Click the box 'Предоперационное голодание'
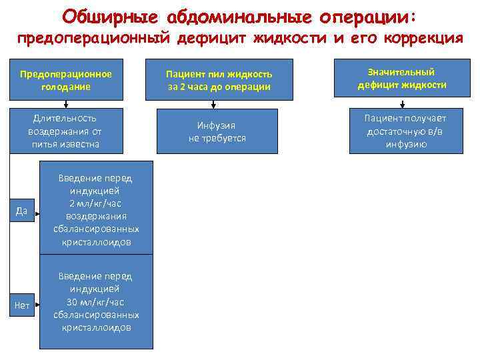coord(66,81)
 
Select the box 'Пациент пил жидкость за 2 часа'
coord(219,81)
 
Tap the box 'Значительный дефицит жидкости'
coord(402,79)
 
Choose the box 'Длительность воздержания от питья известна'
coord(66,131)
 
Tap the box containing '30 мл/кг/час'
coord(96,301)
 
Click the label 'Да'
coord(23,212)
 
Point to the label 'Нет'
coord(23,305)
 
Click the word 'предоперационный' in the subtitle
coord(94,37)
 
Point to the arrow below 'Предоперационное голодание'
coord(66,103)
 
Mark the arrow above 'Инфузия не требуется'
coord(213,103)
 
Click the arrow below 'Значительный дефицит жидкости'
coord(402,103)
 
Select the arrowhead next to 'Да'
coord(39,213)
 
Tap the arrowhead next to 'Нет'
coord(39,305)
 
